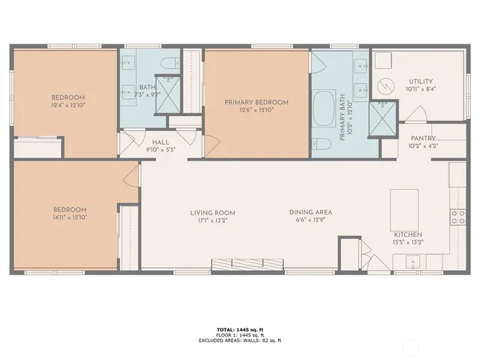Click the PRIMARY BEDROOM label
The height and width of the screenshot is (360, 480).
coord(257,102)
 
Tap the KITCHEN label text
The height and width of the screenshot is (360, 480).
coord(408,234)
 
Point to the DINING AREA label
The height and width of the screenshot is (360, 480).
coord(310,212)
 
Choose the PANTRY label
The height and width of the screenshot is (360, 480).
coord(423,138)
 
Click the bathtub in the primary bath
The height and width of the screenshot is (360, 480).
coord(325,108)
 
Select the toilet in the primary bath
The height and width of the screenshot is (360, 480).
coord(325,145)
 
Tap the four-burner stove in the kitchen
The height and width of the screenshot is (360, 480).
coord(457,217)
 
